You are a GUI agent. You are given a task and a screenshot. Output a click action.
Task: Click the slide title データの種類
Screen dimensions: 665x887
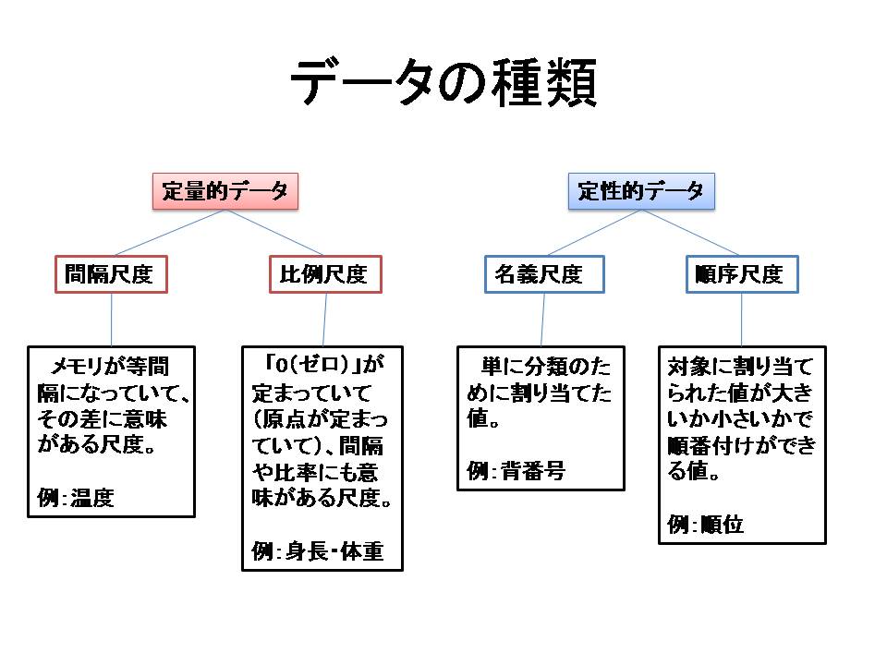tap(443, 85)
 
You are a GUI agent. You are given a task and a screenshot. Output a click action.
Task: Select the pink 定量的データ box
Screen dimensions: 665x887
tap(225, 192)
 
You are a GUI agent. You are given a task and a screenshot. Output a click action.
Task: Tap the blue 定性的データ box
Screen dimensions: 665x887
tap(641, 192)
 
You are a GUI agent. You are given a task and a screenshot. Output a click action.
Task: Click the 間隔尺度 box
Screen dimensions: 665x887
tap(111, 274)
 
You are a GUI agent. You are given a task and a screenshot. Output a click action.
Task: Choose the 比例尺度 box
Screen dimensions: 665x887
tap(325, 274)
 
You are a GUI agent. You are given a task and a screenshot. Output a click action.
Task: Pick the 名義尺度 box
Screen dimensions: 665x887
tap(544, 274)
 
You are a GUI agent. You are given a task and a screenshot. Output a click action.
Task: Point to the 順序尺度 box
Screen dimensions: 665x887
tap(741, 274)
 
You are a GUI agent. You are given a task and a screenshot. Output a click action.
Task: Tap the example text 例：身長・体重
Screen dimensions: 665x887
tap(317, 552)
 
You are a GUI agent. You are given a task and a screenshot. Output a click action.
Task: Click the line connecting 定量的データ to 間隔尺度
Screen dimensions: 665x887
tap(168, 233)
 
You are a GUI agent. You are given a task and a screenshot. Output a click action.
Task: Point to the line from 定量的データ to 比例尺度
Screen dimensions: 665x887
tap(275, 233)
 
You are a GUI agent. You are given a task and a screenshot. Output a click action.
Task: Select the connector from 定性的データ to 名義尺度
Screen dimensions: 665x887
tap(592, 233)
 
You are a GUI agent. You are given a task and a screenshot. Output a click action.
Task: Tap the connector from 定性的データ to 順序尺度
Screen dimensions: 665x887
tap(691, 233)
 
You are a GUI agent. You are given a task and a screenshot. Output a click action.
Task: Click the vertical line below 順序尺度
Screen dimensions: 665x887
tap(742, 320)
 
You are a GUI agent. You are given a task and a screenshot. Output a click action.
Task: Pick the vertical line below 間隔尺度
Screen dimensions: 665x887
tap(112, 320)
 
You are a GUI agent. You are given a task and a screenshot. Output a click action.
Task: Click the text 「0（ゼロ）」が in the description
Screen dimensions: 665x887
tap(323, 362)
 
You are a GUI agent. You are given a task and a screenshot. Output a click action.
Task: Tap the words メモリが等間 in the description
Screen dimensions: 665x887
tap(111, 362)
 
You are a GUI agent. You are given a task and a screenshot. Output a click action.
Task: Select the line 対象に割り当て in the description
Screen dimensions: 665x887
tap(741, 367)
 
